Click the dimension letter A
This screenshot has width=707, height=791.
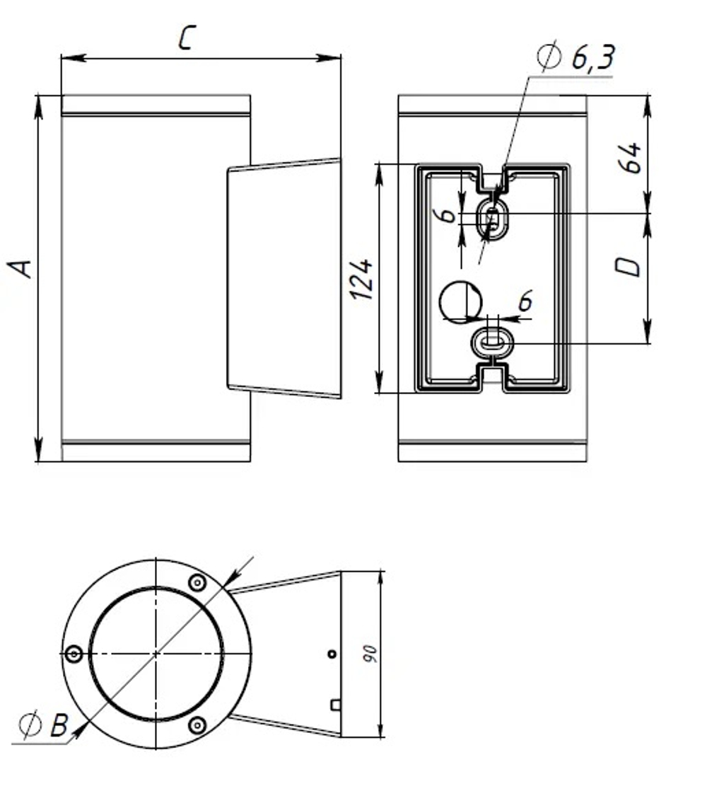pyautogui.click(x=22, y=269)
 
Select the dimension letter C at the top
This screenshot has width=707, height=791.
pyautogui.click(x=185, y=38)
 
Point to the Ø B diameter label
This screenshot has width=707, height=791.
pyautogui.click(x=44, y=725)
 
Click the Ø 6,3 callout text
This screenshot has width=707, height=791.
pyautogui.click(x=575, y=58)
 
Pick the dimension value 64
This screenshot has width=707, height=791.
pyautogui.click(x=629, y=157)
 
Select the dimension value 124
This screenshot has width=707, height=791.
pyautogui.click(x=361, y=279)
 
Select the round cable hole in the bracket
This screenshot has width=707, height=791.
pyautogui.click(x=460, y=301)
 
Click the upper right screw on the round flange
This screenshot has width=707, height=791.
pyautogui.click(x=197, y=582)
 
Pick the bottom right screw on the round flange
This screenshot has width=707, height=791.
pyautogui.click(x=198, y=725)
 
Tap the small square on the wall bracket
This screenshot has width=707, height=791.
pyautogui.click(x=335, y=704)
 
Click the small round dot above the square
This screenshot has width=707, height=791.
pyautogui.click(x=331, y=654)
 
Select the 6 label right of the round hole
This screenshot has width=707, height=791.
pyautogui.click(x=525, y=302)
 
